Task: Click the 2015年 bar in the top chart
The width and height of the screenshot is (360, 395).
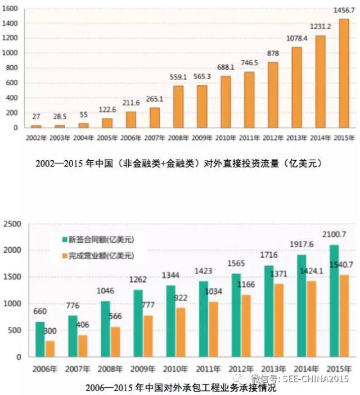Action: click(344, 73)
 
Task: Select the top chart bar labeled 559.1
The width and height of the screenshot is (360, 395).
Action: click(178, 107)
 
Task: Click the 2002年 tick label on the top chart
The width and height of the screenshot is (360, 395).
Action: click(36, 137)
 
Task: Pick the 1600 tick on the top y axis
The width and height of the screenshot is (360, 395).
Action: click(11, 9)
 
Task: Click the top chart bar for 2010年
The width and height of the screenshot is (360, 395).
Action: click(226, 102)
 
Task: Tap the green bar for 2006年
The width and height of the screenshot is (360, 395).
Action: click(40, 339)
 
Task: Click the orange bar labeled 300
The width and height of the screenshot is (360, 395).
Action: click(51, 349)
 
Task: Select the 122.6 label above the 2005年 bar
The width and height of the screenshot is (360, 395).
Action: click(107, 111)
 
